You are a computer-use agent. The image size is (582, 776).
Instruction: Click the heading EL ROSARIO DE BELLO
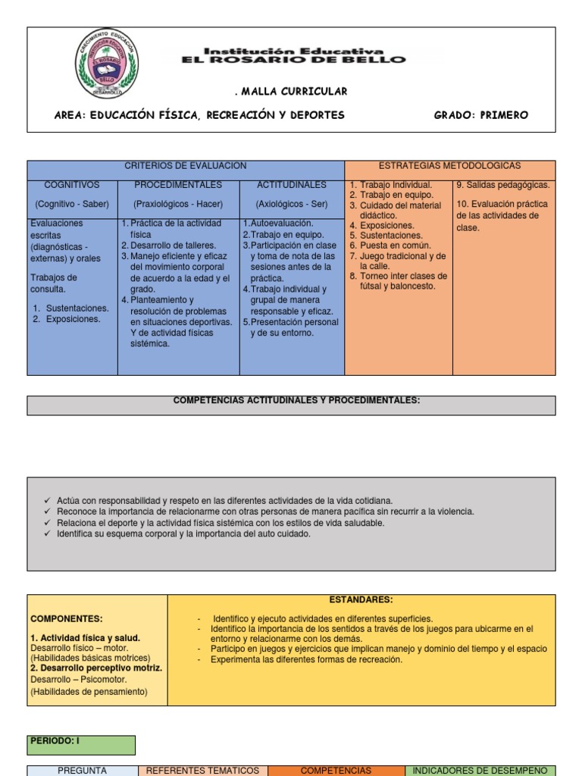[293, 59]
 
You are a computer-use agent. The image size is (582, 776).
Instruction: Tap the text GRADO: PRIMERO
[480, 115]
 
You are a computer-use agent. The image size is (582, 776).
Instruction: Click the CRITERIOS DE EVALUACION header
[186, 166]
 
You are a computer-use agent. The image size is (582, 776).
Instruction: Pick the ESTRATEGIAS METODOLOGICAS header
[449, 166]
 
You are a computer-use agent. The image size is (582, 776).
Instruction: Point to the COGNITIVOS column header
[72, 185]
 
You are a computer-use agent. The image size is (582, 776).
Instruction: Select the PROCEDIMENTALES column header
[178, 185]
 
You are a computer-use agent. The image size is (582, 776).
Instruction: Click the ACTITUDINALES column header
[292, 185]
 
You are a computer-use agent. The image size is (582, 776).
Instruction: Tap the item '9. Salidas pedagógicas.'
[503, 185]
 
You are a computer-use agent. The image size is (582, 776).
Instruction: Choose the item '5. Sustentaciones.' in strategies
[391, 236]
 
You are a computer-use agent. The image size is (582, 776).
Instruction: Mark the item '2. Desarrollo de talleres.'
[168, 246]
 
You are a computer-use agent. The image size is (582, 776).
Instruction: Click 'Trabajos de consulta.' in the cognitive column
[54, 283]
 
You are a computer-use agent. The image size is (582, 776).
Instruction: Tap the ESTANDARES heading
[361, 599]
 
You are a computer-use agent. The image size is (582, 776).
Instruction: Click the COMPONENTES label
[67, 619]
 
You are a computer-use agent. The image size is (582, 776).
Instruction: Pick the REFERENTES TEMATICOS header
[202, 770]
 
